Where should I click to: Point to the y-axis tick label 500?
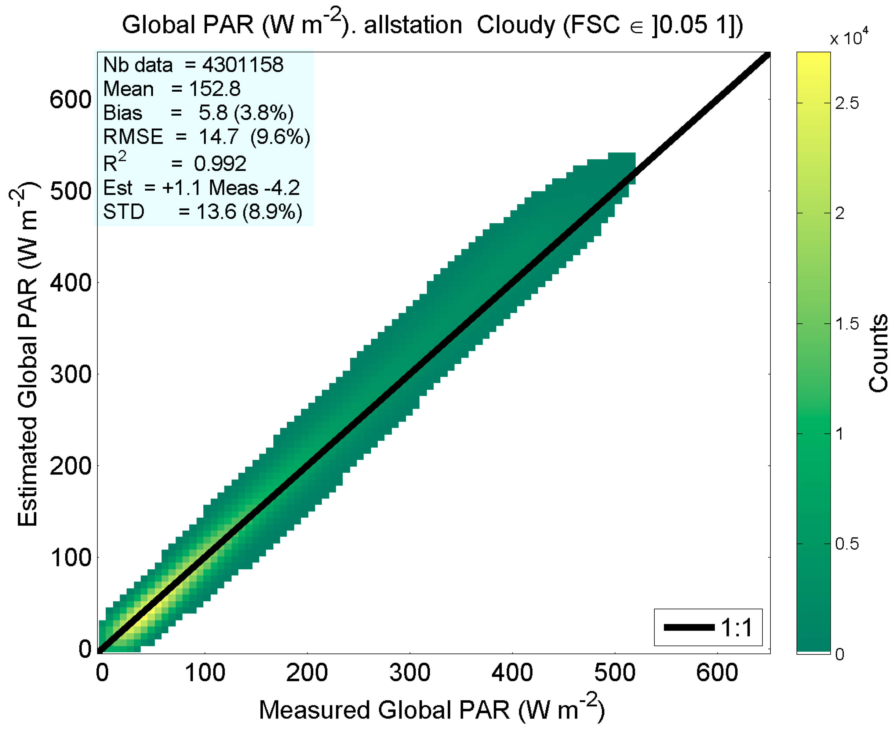tap(71, 191)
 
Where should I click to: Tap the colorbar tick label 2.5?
tap(846, 103)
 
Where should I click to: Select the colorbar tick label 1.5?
tap(846, 324)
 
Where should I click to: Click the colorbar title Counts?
tap(878, 353)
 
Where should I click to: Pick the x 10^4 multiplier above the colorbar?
tap(849, 38)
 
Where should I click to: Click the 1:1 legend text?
tap(737, 628)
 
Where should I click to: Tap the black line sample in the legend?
tap(689, 628)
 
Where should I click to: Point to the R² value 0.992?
tap(220, 164)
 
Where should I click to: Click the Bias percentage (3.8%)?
tap(264, 113)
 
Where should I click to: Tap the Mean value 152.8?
tap(215, 89)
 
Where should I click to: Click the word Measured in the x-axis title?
tap(315, 710)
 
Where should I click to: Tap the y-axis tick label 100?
tap(71, 558)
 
